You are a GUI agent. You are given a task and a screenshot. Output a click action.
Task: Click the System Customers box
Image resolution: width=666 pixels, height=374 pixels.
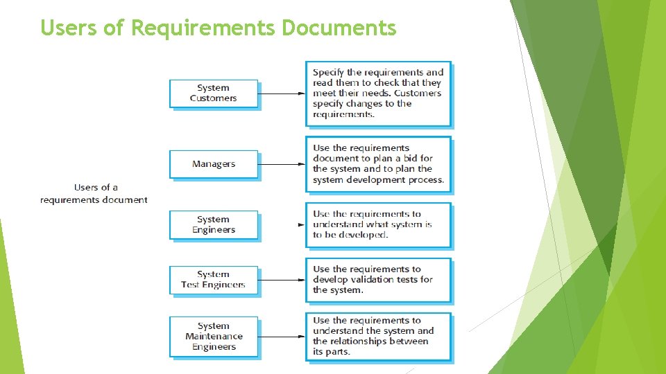click(214, 93)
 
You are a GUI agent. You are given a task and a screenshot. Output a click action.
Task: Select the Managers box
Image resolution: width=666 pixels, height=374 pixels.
click(214, 164)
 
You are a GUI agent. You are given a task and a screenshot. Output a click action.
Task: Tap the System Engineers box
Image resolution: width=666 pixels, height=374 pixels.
click(214, 225)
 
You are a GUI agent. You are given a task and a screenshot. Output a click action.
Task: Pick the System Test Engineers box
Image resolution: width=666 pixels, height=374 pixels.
click(214, 280)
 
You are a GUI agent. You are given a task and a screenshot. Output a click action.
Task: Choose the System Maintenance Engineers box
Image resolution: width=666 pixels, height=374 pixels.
click(214, 337)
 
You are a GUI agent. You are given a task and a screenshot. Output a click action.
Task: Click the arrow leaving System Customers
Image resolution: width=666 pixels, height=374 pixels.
click(281, 93)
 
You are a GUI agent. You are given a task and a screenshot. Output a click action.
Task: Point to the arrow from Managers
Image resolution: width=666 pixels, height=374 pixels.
click(281, 164)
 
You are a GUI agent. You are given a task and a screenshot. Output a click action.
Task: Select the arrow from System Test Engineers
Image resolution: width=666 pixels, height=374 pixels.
click(281, 280)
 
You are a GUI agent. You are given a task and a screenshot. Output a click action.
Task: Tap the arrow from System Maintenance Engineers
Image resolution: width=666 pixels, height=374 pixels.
click(281, 337)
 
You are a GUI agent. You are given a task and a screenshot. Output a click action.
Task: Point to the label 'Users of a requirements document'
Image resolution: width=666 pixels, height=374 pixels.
click(94, 193)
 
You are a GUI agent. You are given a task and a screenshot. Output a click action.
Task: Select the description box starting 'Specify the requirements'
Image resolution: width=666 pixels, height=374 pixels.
click(378, 93)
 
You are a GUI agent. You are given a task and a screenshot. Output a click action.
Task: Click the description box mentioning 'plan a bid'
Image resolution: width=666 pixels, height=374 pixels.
click(378, 164)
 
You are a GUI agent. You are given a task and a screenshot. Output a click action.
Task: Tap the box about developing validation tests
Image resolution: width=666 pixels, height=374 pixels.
click(378, 280)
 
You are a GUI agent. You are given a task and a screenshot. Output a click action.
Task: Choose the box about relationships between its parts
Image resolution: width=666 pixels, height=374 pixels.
click(378, 337)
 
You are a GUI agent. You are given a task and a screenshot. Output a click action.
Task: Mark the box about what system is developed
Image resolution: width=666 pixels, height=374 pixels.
click(378, 225)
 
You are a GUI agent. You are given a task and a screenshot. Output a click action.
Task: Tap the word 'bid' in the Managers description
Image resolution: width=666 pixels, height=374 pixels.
click(410, 159)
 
